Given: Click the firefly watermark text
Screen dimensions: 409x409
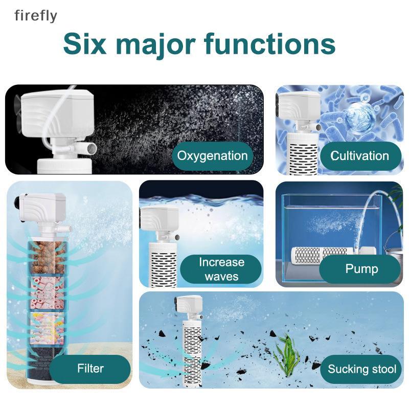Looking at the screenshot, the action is pyautogui.click(x=36, y=16).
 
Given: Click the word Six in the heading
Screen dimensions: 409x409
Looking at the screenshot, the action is pyautogui.click(x=84, y=43).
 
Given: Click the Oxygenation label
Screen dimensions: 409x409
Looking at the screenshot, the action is pyautogui.click(x=212, y=156).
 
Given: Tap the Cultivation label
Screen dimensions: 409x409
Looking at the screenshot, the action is pyautogui.click(x=360, y=156).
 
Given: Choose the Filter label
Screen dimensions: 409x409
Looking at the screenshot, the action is pyautogui.click(x=90, y=369).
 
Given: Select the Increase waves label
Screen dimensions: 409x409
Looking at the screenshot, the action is pyautogui.click(x=221, y=269).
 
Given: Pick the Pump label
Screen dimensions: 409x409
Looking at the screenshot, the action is pyautogui.click(x=361, y=269).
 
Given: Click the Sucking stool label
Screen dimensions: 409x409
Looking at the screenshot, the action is pyautogui.click(x=361, y=369).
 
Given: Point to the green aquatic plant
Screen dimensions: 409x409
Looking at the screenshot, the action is pyautogui.click(x=287, y=355).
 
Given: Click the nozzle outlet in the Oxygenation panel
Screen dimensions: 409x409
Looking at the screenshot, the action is pyautogui.click(x=92, y=149).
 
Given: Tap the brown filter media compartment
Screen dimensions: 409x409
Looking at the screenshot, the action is pyautogui.click(x=47, y=257).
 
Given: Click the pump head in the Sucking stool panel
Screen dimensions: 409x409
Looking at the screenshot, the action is pyautogui.click(x=188, y=304).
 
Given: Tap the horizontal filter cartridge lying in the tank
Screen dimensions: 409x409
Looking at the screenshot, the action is pyautogui.click(x=323, y=254).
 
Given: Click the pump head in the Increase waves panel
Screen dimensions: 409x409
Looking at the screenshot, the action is pyautogui.click(x=159, y=219).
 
